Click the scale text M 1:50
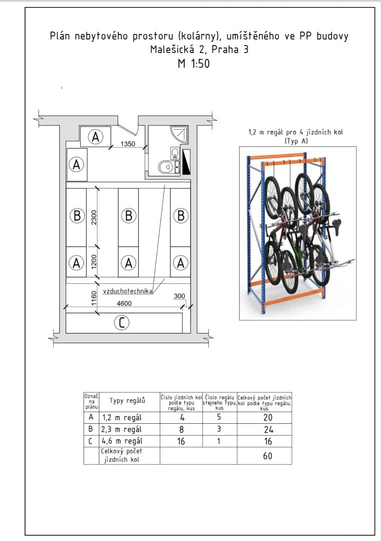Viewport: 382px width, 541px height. click(x=193, y=64)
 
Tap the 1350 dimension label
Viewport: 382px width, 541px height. click(x=128, y=144)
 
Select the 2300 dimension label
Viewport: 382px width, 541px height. click(x=94, y=217)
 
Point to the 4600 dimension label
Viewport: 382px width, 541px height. click(x=124, y=304)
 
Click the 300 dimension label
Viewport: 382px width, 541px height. click(x=179, y=296)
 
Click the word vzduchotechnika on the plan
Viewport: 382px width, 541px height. click(x=128, y=291)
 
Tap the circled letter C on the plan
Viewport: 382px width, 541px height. click(x=121, y=323)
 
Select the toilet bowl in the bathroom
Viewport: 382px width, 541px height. click(x=167, y=167)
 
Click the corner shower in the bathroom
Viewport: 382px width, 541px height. click(x=180, y=135)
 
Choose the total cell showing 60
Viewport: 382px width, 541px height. click(x=267, y=456)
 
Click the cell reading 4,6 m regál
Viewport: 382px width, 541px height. click(x=122, y=441)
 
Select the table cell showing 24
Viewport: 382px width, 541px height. click(x=268, y=429)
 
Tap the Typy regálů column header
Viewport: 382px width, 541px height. click(x=127, y=401)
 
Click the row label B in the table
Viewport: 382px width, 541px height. click(x=91, y=429)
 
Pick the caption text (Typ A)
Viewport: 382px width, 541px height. click(x=296, y=141)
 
